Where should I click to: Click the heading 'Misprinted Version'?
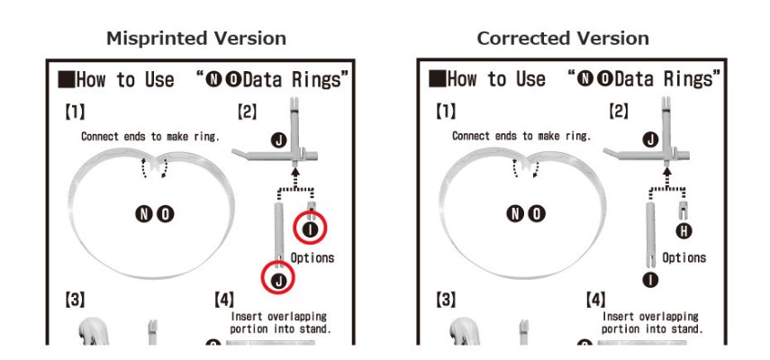coord(196,39)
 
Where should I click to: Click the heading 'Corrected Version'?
coord(563,39)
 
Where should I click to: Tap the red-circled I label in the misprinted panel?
coord(310,229)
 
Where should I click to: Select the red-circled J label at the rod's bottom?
coord(279,280)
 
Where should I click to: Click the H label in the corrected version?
coord(683,230)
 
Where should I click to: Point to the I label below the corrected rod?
coord(650,280)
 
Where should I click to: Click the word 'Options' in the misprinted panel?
coord(313,258)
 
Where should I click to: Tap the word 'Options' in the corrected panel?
coord(684,258)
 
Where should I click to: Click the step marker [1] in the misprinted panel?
coord(75,112)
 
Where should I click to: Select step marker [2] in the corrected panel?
coord(619,112)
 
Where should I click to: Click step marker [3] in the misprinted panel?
coord(75,300)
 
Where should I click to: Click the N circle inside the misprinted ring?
coord(144,214)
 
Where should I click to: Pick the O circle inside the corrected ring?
coord(537,214)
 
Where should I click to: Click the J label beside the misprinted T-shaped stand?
coord(279,140)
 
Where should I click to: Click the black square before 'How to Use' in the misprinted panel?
coord(67,79)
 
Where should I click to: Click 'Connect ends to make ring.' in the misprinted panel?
coord(149,136)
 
